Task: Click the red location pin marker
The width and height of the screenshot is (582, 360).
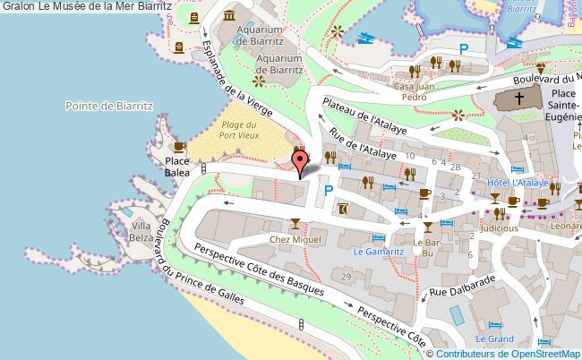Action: point(301,161)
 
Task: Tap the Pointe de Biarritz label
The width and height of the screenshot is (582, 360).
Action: point(110,106)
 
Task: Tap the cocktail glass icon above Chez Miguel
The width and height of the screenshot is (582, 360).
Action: point(294,223)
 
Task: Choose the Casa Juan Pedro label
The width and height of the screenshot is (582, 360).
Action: point(421,91)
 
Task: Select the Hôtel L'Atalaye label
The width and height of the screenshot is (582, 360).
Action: point(517,182)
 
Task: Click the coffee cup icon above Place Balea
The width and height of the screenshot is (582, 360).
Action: point(178,147)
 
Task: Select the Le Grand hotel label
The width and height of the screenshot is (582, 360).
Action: point(493,339)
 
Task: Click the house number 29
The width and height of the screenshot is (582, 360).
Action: point(345,277)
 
